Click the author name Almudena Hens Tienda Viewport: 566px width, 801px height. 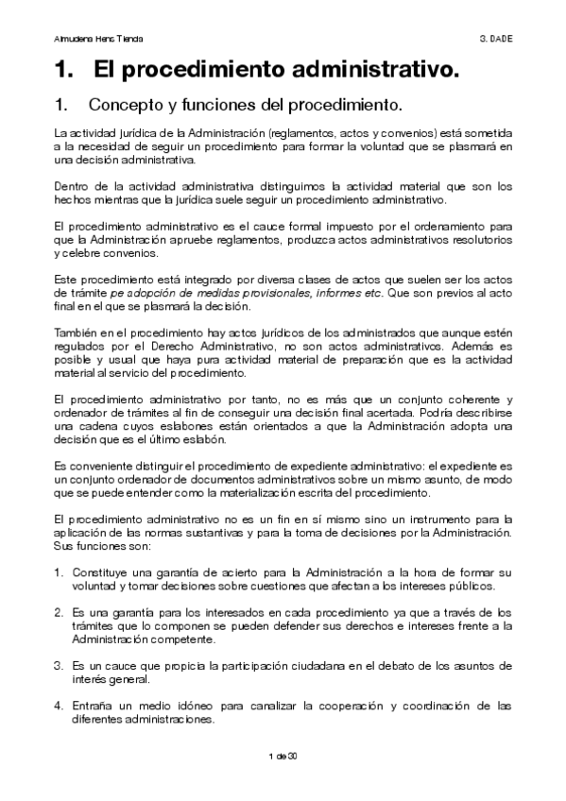point(92,39)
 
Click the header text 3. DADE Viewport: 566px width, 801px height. point(495,39)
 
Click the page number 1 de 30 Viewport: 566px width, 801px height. point(283,757)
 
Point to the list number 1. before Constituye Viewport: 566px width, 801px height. point(59,573)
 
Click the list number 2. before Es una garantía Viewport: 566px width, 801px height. point(59,611)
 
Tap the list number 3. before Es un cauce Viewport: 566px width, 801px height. point(59,666)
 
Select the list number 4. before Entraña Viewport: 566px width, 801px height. point(59,705)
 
